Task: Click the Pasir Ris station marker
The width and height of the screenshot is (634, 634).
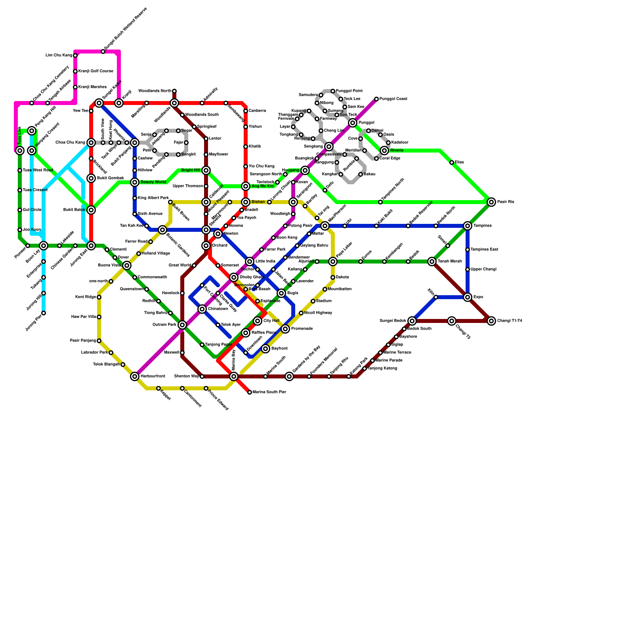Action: coord(491,202)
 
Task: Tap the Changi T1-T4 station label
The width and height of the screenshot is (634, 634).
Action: coord(510,321)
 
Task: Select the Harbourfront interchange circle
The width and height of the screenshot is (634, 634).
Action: coord(135,376)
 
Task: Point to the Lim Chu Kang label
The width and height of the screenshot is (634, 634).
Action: coord(59,55)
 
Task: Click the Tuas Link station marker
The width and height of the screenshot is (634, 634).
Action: coord(20,151)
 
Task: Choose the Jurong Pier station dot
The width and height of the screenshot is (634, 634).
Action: coord(44,313)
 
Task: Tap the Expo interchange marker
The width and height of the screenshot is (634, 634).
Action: coord(468,297)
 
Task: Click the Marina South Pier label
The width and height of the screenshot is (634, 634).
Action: coord(269,392)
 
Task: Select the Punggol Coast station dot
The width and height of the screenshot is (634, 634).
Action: coord(376,99)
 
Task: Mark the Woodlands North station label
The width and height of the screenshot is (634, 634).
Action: coord(155,91)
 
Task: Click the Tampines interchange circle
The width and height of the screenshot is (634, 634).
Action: coord(468,226)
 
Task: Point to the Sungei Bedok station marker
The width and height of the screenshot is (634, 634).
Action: coord(412,321)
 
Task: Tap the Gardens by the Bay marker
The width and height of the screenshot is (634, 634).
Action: coord(289,376)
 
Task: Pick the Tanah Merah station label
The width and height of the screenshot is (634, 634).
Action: coord(450,262)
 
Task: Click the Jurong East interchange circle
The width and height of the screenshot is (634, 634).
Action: coord(91,246)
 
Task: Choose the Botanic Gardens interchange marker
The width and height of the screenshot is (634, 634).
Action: coord(162,230)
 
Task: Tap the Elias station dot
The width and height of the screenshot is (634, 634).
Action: coord(452,162)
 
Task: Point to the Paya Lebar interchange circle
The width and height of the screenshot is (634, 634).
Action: coord(333,262)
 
